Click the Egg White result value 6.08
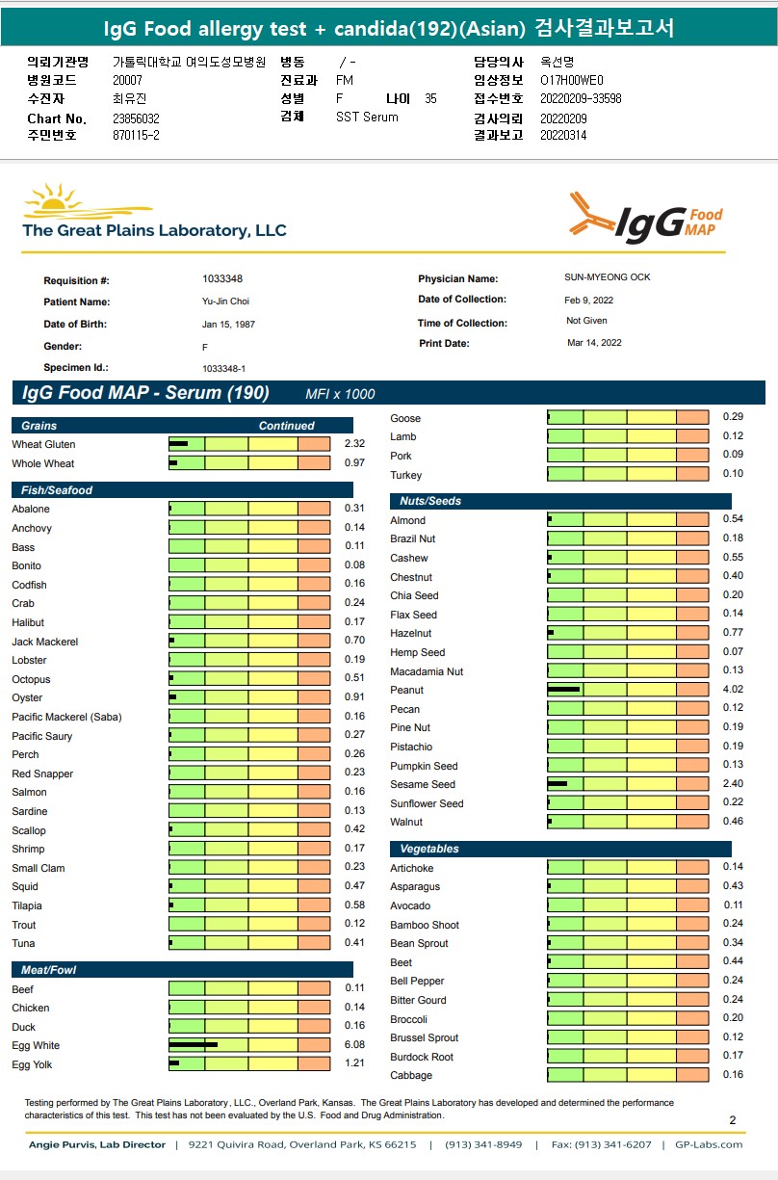354,1045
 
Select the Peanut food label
406,690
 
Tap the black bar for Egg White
193,1045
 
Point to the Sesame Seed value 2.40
733,784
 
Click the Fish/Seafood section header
57,490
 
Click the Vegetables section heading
429,849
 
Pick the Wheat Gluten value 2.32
354,444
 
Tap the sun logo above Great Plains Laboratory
60,201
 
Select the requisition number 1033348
222,279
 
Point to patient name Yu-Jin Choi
225,302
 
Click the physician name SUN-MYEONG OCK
607,277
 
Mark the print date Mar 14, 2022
594,343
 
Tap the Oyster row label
27,698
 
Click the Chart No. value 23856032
136,118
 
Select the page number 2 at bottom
733,1120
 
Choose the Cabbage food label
411,1075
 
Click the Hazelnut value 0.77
733,633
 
